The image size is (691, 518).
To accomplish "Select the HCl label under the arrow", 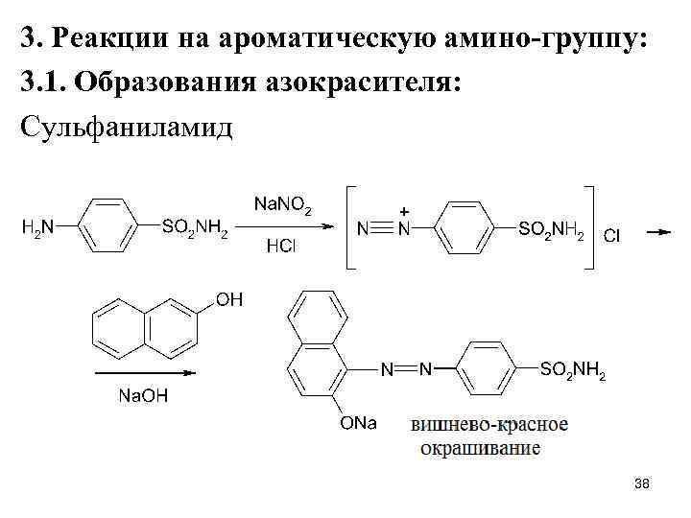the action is (x=281, y=247).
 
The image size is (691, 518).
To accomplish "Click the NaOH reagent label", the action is (x=143, y=395).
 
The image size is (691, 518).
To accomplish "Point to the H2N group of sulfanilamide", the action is (x=39, y=228).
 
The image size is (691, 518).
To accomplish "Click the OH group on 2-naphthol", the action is (x=229, y=300).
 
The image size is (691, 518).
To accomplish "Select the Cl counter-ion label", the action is (x=610, y=235).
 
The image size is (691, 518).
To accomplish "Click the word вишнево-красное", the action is (x=489, y=424).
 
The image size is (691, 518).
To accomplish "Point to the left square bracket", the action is (x=345, y=228).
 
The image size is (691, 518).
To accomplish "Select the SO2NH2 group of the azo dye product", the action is (x=573, y=370).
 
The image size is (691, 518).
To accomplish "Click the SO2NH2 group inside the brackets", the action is (x=551, y=230).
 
